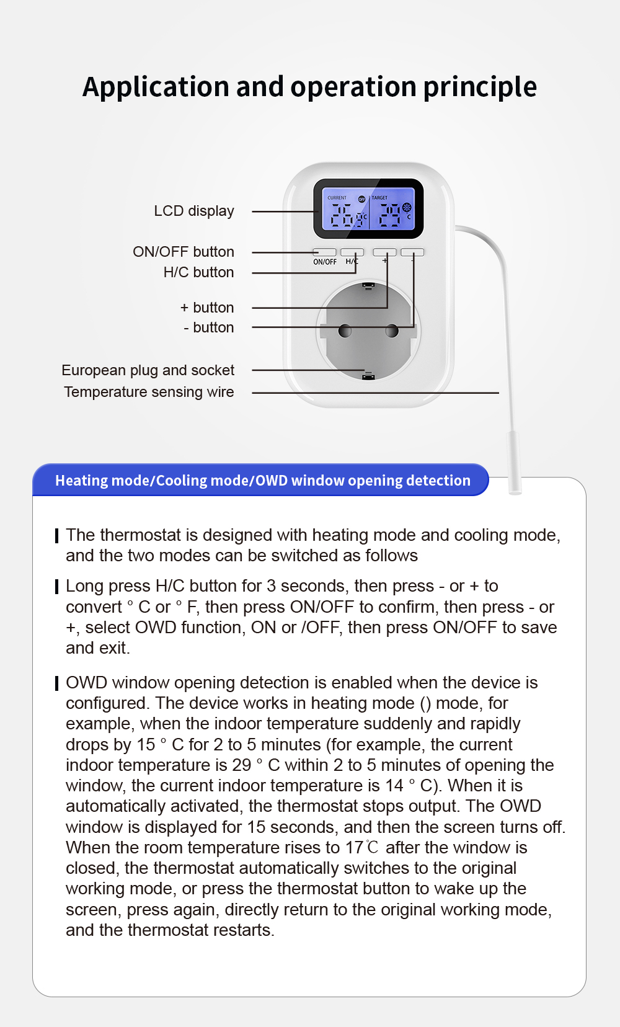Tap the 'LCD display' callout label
point(194,211)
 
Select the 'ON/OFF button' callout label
point(184,252)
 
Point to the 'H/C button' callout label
point(198,272)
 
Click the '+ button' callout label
point(207,308)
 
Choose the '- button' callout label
point(209,327)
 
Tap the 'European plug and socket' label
point(148,370)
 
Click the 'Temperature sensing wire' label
point(149,392)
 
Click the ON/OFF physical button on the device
point(324,252)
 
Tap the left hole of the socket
point(345,331)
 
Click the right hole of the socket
point(392,331)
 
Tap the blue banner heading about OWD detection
point(262,481)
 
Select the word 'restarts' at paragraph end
point(242,930)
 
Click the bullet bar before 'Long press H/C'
point(57,587)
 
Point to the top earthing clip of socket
point(368,286)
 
